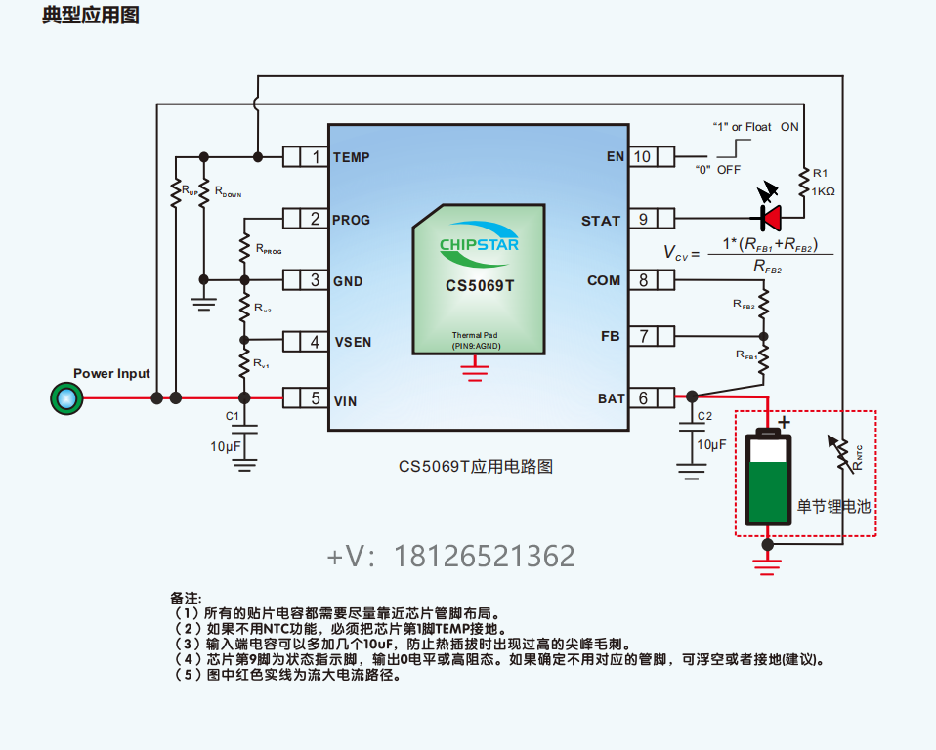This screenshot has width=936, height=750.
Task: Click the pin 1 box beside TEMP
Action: (x=315, y=156)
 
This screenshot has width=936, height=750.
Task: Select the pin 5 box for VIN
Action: (x=315, y=398)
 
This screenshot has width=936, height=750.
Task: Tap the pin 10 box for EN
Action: (x=643, y=156)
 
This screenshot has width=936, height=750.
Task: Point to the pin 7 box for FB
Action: (x=643, y=337)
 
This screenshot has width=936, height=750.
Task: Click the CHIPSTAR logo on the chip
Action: (x=479, y=243)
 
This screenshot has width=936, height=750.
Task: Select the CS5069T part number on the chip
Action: (x=479, y=285)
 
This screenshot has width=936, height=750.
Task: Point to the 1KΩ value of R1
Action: (x=824, y=191)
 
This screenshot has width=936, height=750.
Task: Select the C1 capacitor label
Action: (x=233, y=416)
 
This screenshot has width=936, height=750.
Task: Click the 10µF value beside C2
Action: (x=710, y=444)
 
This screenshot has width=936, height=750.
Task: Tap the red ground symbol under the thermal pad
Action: (x=476, y=368)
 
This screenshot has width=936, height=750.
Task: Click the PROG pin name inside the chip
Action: (x=352, y=220)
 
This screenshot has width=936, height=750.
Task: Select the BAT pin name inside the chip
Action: (x=610, y=398)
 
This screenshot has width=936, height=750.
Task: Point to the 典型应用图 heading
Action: (x=90, y=17)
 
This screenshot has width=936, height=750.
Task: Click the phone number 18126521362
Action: (x=450, y=557)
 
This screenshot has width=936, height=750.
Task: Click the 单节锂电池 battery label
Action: (x=832, y=507)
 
